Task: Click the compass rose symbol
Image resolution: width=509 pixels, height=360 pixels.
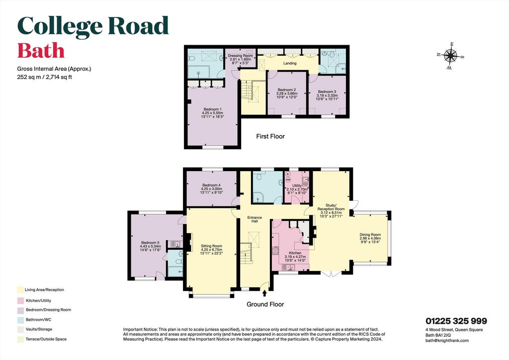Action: [450, 56]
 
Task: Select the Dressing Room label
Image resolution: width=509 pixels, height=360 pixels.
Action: [240, 56]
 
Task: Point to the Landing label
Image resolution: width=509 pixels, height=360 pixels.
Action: [290, 63]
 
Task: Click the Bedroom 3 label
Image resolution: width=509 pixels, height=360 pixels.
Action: [327, 92]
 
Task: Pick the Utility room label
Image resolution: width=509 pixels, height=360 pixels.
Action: [297, 185]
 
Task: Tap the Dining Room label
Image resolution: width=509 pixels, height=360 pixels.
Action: [370, 235]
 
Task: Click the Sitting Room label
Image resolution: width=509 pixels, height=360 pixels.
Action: [211, 246]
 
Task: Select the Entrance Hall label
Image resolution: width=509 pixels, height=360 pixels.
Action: [254, 219]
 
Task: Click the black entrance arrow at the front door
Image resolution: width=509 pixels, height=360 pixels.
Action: [264, 293]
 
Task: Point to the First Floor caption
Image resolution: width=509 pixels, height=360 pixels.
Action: [270, 136]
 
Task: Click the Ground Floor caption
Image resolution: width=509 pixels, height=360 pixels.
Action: [265, 304]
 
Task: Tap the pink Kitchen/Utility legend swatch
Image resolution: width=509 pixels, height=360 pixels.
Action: [20, 301]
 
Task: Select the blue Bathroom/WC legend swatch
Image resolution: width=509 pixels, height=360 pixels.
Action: [20, 320]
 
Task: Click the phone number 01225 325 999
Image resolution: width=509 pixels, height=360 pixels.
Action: [456, 321]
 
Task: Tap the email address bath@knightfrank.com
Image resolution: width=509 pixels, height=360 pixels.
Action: [447, 341]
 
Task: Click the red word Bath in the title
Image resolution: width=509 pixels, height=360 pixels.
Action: [41, 51]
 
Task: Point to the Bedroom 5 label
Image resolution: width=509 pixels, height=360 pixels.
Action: [150, 243]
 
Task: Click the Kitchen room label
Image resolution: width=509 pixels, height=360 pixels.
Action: [295, 253]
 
